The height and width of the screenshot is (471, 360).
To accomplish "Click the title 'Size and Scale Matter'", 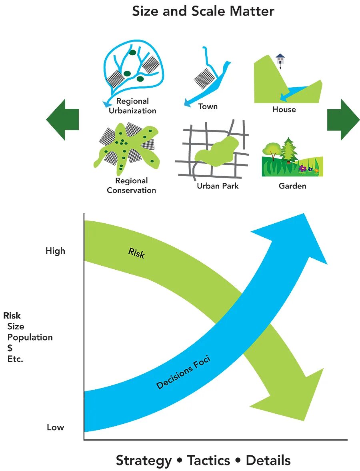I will (203, 11).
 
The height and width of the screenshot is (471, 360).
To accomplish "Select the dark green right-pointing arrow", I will (344, 119).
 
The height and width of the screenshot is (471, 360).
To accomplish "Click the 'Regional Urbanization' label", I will (132, 106).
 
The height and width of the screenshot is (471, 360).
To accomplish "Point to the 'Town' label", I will (208, 106).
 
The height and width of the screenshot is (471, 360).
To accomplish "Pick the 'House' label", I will (284, 109).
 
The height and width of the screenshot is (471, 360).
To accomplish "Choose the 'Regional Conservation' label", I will (131, 186).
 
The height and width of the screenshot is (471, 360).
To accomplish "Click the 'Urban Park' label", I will (218, 186).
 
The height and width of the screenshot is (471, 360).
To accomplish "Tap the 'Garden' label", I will (292, 186).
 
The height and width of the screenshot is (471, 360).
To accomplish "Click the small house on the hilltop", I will (280, 59).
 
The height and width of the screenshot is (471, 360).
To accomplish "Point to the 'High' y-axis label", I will (55, 251).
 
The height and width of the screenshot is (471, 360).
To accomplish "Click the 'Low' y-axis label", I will (55, 427).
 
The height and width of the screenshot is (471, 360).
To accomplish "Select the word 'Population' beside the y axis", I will (30, 337).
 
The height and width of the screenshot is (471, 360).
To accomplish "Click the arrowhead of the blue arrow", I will (298, 236).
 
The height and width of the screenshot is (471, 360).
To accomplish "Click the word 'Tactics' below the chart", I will (208, 460).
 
